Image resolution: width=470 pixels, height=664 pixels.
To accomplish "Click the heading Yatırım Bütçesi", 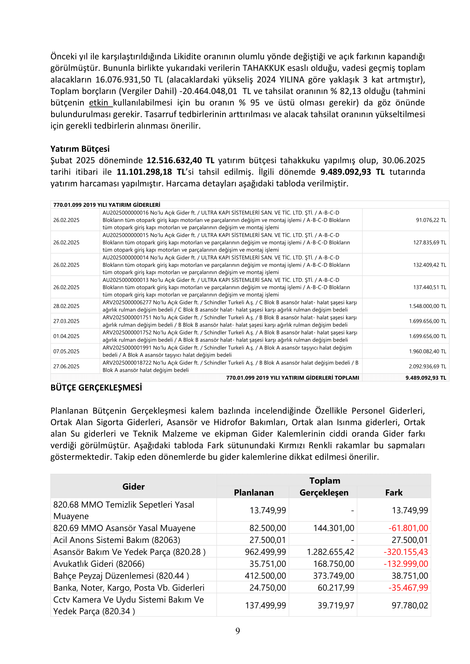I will (80, 149).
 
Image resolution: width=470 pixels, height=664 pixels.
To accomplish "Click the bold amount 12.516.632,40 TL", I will (180, 160).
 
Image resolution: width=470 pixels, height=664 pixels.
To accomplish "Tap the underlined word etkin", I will (99, 103).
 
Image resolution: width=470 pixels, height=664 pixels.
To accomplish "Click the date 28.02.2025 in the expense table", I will (66, 306).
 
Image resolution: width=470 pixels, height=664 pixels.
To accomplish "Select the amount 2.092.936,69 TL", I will (427, 366).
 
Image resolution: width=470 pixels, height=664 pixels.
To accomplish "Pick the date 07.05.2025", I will (66, 351).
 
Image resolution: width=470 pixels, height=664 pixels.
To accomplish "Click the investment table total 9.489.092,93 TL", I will (426, 378).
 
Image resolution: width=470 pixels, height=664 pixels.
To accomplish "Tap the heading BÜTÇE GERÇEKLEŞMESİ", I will (96, 387).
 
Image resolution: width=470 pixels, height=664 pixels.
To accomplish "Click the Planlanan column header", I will (254, 493).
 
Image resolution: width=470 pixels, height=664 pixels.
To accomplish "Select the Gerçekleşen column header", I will (324, 493).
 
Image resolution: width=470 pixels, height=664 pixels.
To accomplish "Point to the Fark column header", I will (394, 493).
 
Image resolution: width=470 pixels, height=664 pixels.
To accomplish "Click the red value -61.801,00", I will (408, 528).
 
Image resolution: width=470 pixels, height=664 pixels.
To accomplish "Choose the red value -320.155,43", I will (406, 552).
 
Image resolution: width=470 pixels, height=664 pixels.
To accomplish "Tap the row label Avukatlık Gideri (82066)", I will (99, 564).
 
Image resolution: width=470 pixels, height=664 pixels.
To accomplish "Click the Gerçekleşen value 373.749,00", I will (333, 575).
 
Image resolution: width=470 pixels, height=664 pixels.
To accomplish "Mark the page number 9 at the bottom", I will (238, 631).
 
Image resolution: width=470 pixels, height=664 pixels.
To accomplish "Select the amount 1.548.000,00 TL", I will (427, 306).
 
